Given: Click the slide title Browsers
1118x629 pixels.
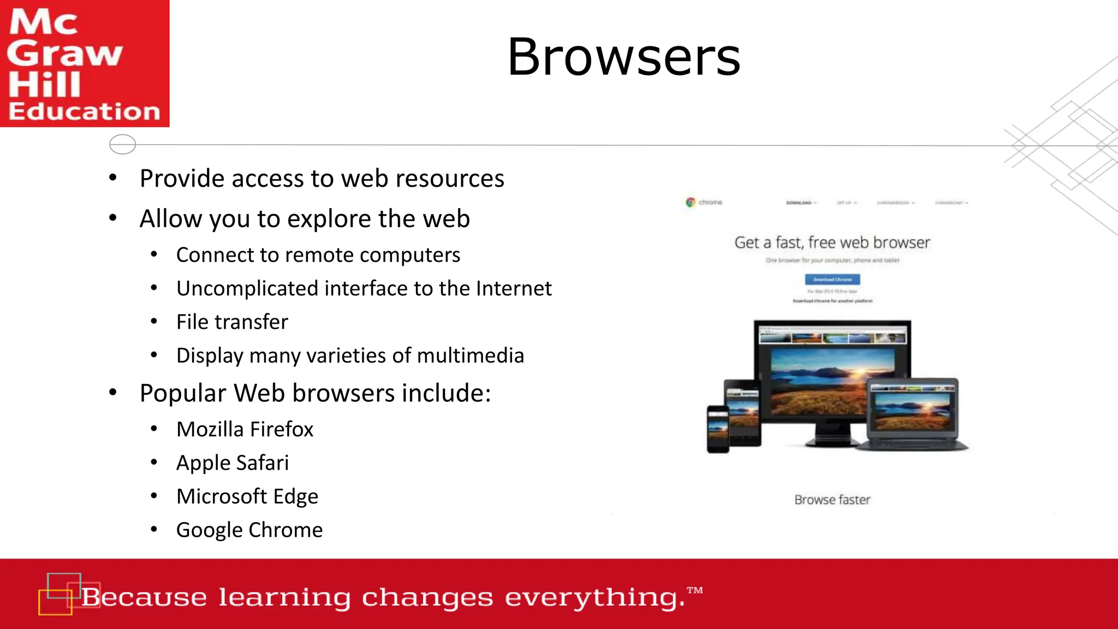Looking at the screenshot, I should click(x=623, y=57).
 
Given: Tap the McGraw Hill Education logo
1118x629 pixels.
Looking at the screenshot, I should click(x=84, y=63).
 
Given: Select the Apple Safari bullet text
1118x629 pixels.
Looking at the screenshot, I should click(x=233, y=463).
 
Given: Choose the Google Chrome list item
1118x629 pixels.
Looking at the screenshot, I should click(x=249, y=530).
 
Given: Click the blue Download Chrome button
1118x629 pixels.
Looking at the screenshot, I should click(x=832, y=280).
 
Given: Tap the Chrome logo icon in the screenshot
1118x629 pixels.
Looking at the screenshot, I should click(x=691, y=202).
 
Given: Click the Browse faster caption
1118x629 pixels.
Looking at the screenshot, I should click(x=832, y=500).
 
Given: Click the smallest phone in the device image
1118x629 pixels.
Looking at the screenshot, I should click(x=718, y=429).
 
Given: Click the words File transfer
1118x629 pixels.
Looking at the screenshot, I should click(x=232, y=322).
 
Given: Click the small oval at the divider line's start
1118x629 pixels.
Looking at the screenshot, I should click(x=122, y=144).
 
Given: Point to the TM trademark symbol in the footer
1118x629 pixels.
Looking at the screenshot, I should click(x=695, y=590).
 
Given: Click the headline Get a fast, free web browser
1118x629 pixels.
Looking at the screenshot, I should click(x=832, y=242).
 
